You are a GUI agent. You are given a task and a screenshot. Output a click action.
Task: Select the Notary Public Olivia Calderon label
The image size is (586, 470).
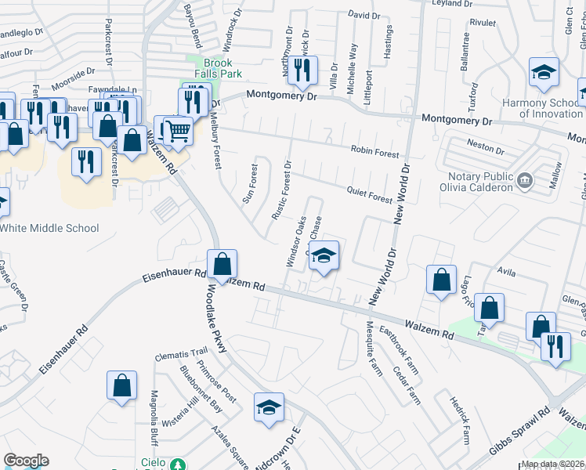pyautogui.click(x=479, y=182)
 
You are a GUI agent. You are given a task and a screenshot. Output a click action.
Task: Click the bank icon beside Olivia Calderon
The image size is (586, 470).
pyautogui.click(x=526, y=182)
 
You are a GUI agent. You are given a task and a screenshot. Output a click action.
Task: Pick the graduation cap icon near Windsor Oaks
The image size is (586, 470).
pyautogui.click(x=324, y=255)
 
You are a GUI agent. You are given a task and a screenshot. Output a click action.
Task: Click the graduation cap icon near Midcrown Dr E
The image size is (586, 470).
pyautogui.click(x=269, y=407)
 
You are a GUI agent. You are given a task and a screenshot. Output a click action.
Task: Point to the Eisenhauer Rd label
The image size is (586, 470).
pyautogui.click(x=173, y=277)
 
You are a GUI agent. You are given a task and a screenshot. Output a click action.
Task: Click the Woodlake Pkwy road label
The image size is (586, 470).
pyautogui.click(x=217, y=318)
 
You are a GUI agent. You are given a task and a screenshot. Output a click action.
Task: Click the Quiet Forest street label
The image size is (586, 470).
pyautogui.click(x=368, y=193)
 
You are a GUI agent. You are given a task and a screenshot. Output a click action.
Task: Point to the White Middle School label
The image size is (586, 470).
pyautogui.click(x=60, y=228)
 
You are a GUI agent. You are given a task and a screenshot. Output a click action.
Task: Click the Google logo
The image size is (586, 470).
pyautogui.click(x=26, y=461)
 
